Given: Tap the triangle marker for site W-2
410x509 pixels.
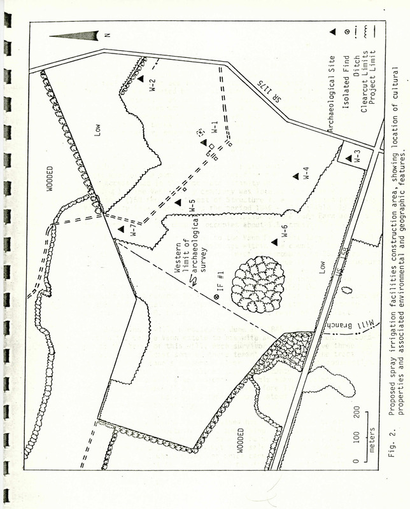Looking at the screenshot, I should coord(141,78).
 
